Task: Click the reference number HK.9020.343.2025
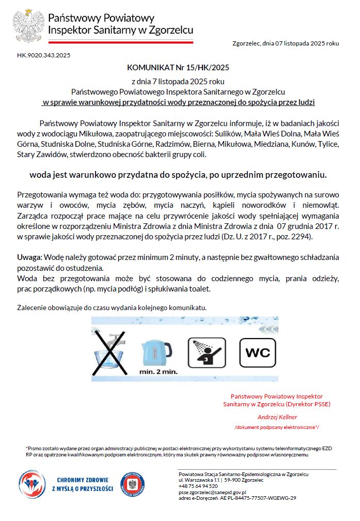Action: [44, 55]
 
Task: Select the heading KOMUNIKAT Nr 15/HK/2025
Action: [178, 67]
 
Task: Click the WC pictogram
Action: [257, 353]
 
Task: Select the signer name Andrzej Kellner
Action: [277, 417]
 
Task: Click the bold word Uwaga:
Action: [30, 257]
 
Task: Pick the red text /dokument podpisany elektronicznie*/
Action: [277, 427]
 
